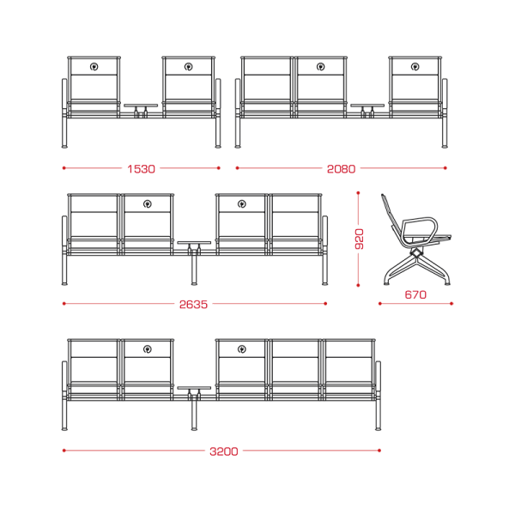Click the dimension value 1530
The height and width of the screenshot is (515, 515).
coord(141,169)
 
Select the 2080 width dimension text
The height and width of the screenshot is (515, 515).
coord(341,169)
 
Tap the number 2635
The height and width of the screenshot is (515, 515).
coord(193,305)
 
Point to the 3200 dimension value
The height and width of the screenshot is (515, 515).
coord(224,451)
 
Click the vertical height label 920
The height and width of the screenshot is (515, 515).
coord(360,239)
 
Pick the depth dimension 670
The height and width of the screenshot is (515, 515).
coord(415,294)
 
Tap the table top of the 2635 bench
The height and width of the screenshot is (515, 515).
coord(194,243)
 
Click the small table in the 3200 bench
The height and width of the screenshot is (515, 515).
coord(194,388)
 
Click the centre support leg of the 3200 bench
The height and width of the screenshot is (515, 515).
coord(194,415)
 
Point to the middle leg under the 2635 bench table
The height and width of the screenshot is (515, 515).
coord(194,270)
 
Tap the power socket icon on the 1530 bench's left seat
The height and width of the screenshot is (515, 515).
coord(94,67)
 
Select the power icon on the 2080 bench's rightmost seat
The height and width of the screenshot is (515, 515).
coord(415,67)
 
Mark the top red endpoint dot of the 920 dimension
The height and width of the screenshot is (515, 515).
coord(358,193)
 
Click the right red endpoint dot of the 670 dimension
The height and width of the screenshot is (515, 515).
coord(451,304)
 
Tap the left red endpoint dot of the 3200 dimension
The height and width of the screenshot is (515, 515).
coord(64,451)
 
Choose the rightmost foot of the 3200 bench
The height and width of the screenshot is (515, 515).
coord(379,428)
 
